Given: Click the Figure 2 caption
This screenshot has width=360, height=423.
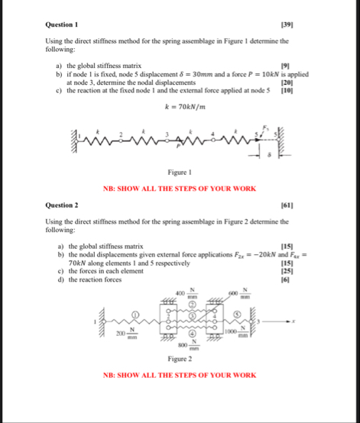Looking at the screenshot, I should click(179, 358).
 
